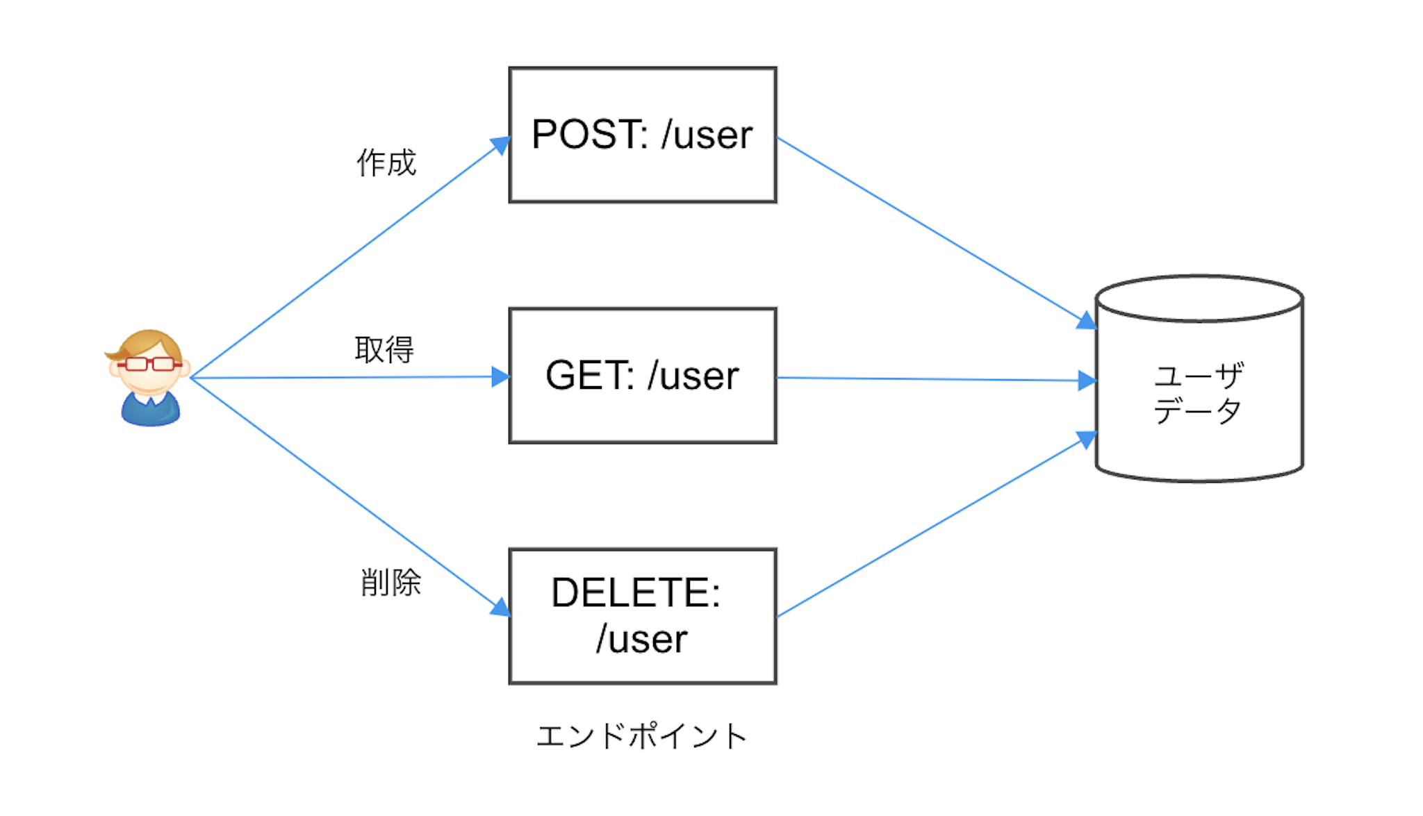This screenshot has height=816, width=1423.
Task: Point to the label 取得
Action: click(384, 349)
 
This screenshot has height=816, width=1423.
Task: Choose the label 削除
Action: click(390, 582)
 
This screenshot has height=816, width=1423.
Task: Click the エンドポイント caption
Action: click(641, 736)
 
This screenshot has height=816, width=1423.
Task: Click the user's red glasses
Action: click(149, 364)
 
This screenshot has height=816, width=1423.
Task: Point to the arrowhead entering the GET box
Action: click(501, 377)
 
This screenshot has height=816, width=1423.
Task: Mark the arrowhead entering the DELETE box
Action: click(501, 608)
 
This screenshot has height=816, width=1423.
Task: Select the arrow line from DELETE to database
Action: click(931, 528)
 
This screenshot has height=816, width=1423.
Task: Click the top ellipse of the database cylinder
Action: click(1199, 299)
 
